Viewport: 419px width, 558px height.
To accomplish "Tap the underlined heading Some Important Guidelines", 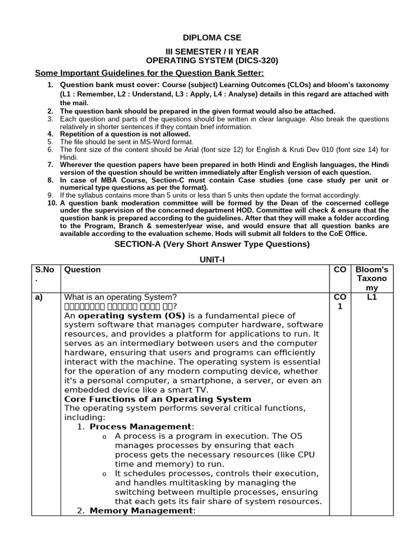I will point(149,73).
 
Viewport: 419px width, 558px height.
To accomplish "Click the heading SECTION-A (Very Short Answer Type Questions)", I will point(212,244).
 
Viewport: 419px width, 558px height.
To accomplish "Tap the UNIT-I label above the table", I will point(212,260).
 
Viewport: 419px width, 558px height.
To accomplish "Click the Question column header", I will point(82,269).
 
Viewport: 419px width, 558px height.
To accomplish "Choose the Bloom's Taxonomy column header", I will point(372,278).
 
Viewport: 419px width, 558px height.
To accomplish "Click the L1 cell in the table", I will point(372,297).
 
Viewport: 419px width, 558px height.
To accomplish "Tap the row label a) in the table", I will point(39,297).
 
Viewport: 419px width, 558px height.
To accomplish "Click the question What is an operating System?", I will point(121,297).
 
